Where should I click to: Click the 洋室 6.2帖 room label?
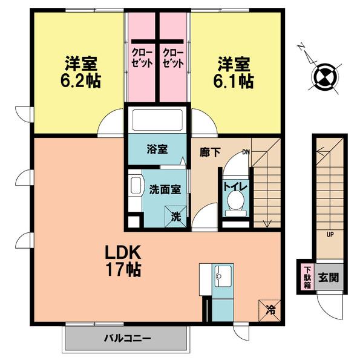[80, 72]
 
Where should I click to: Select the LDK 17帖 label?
[123, 261]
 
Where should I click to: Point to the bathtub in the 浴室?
[158, 120]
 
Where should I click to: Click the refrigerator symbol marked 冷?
[269, 310]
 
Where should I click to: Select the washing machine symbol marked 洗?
[175, 216]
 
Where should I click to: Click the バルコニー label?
[127, 338]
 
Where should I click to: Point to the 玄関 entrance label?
[329, 277]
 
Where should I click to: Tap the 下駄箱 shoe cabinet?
[307, 278]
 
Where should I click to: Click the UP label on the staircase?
[330, 235]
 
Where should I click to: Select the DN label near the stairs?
[246, 152]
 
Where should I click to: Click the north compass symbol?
[326, 77]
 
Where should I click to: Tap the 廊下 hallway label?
[210, 152]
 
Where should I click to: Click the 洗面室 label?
[165, 189]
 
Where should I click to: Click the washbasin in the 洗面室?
[136, 186]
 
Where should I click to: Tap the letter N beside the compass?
[301, 47]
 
